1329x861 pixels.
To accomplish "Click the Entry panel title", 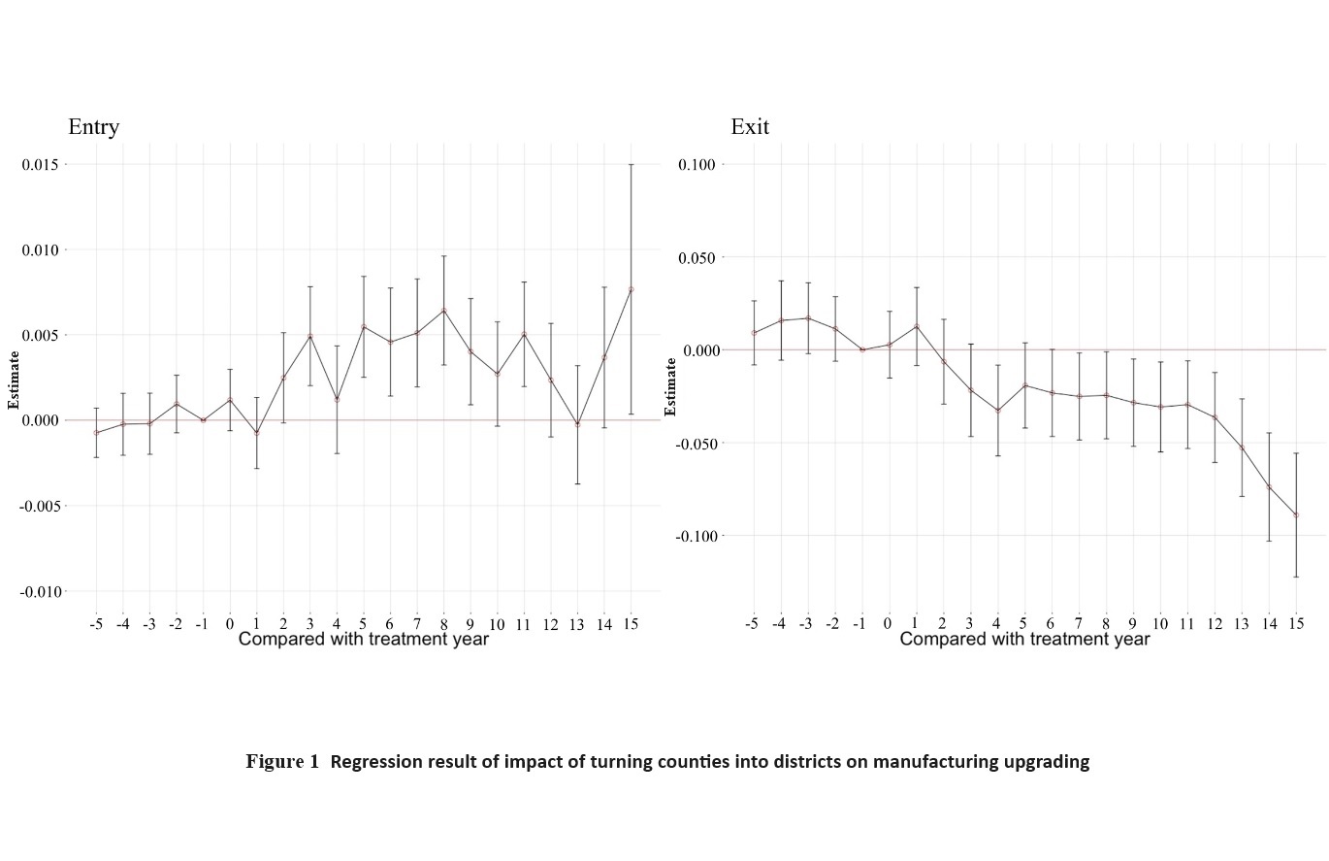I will tap(93, 127).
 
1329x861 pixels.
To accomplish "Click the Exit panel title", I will tap(750, 127).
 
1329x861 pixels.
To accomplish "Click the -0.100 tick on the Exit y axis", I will tap(691, 536).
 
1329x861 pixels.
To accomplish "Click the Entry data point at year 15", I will tap(631, 289).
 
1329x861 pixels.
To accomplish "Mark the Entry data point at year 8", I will tap(443, 311).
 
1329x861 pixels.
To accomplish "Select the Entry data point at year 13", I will tap(577, 424).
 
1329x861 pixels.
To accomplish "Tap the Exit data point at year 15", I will tap(1295, 515).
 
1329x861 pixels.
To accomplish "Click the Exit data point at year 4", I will tap(997, 411).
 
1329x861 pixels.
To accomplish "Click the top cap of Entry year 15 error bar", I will tap(631, 164).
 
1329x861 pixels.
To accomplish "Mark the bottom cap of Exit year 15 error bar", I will tap(1295, 577).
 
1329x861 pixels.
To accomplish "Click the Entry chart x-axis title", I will tap(363, 640).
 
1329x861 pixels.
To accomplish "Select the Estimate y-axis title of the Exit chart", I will tap(671, 386).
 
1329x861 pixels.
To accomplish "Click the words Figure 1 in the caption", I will tap(281, 762).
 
